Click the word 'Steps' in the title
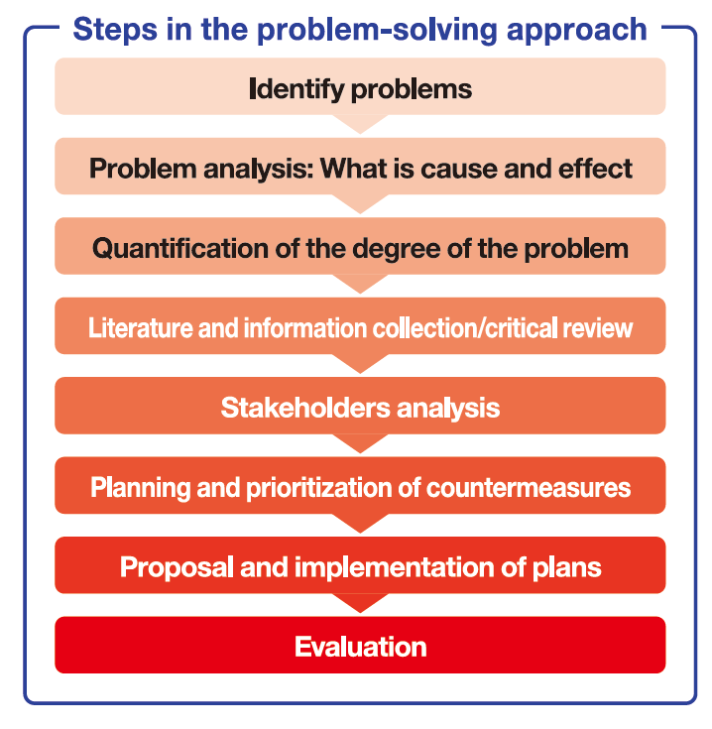[x=115, y=31]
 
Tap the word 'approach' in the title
[x=577, y=31]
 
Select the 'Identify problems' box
[x=360, y=86]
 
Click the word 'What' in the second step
[x=353, y=168]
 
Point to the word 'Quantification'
[x=180, y=248]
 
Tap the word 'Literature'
[x=141, y=327]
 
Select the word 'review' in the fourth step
[x=597, y=328]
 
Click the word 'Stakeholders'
[x=305, y=408]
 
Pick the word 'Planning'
[x=141, y=488]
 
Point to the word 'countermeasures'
[x=529, y=488]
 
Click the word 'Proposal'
[x=177, y=567]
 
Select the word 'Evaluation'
[x=360, y=647]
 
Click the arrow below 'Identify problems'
[x=360, y=124]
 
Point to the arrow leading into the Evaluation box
[x=360, y=603]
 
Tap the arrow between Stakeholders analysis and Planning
[x=360, y=443]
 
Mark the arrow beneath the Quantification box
[x=360, y=284]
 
